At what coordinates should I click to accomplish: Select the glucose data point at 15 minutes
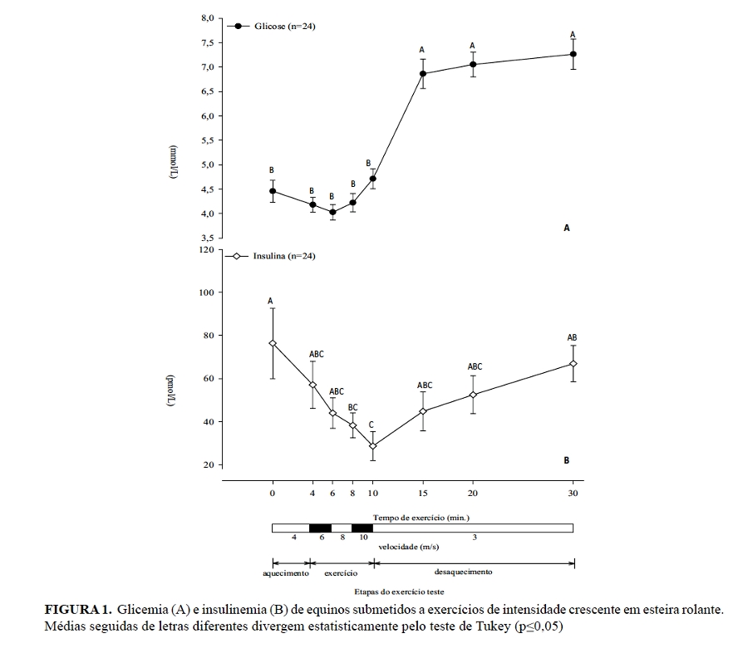coord(422,74)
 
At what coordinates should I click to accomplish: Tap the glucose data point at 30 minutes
coord(573,54)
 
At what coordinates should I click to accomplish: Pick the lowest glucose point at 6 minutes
coord(332,212)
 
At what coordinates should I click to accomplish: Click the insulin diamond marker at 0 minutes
coord(273,343)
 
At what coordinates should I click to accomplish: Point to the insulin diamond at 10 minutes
coord(373,446)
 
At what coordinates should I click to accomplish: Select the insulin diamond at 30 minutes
coord(573,364)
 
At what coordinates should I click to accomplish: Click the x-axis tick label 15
coord(422,494)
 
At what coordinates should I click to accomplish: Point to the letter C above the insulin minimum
coord(372,425)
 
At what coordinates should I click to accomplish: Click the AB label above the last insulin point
coord(572,337)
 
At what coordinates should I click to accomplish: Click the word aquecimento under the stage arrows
coord(286,573)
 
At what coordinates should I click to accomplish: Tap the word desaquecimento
coord(464,572)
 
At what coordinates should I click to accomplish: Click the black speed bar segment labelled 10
coord(362,528)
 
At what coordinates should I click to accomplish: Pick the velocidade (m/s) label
coord(409,548)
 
